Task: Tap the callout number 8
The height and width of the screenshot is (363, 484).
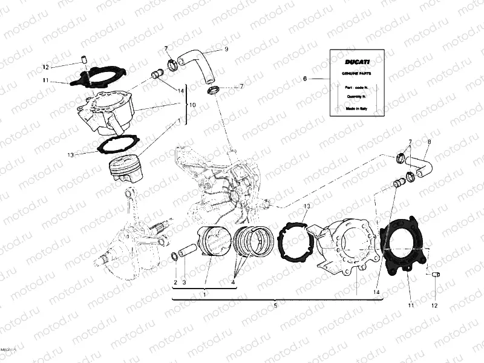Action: [430, 142]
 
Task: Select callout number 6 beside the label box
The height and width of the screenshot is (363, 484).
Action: [305, 79]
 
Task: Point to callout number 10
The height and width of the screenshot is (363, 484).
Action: [193, 105]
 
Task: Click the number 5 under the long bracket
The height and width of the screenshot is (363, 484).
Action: [275, 306]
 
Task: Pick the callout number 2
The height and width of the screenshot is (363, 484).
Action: [175, 283]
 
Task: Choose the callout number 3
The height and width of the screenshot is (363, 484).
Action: [185, 283]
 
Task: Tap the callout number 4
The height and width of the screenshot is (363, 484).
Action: [233, 283]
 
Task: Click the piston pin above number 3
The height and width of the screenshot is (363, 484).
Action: [188, 249]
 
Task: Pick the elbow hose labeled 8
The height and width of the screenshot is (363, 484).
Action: [422, 165]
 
